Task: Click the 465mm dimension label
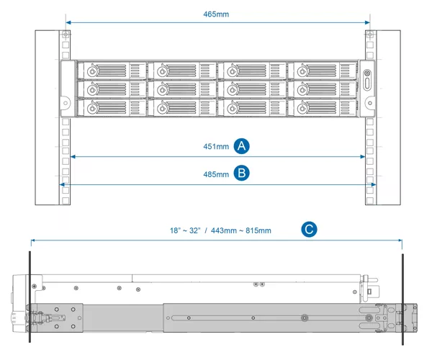point(216,14)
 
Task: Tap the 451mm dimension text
point(216,146)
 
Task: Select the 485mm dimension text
point(216,174)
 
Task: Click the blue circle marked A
point(242,145)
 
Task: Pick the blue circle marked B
point(242,173)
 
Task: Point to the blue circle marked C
point(309,229)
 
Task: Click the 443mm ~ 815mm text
point(241,230)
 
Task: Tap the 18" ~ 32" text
point(185,230)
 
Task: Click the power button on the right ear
point(367,73)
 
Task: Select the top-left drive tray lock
point(92,71)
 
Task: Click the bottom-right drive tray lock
point(302,109)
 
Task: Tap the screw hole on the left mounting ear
point(66,103)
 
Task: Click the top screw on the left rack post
point(66,35)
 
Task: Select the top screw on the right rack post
point(370,35)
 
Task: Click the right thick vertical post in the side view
point(402,299)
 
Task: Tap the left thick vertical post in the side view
point(30,297)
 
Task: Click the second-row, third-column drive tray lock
point(233,90)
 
